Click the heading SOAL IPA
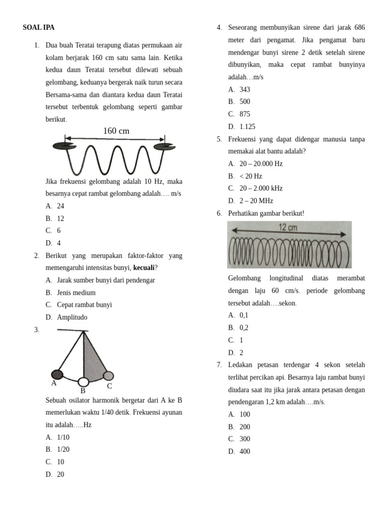38,28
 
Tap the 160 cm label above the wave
116,131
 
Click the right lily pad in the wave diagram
164,147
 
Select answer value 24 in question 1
61,206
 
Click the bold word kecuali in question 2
143,268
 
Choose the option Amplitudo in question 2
72,317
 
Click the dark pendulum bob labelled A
57,374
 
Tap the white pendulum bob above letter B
83,382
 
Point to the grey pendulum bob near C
108,376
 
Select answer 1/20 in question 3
63,449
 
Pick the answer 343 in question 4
245,89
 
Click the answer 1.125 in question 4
247,127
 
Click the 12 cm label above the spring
288,228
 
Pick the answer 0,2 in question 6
244,328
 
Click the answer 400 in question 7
245,451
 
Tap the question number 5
219,139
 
